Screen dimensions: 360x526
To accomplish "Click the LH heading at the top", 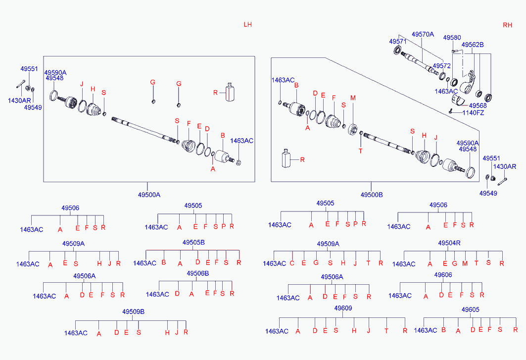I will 248,25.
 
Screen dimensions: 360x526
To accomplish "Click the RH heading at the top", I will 508,25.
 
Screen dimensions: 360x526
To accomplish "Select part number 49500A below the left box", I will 149,195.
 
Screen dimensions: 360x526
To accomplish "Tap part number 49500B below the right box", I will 372,195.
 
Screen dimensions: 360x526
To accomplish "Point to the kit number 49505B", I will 193,242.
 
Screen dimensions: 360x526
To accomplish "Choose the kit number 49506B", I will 198,273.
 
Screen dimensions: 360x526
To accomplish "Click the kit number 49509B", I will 134,311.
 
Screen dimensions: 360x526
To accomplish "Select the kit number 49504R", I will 449,243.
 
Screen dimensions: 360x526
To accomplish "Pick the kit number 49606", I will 443,274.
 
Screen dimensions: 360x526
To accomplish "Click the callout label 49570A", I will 423,34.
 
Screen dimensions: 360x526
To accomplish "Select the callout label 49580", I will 452,38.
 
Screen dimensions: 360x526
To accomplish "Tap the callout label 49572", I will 442,65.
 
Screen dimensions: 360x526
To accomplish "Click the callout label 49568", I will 478,105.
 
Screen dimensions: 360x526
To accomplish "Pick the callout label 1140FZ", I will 474,113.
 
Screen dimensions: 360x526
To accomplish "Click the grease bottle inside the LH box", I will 229,92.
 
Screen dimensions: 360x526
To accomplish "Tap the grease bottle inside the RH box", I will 286,158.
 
